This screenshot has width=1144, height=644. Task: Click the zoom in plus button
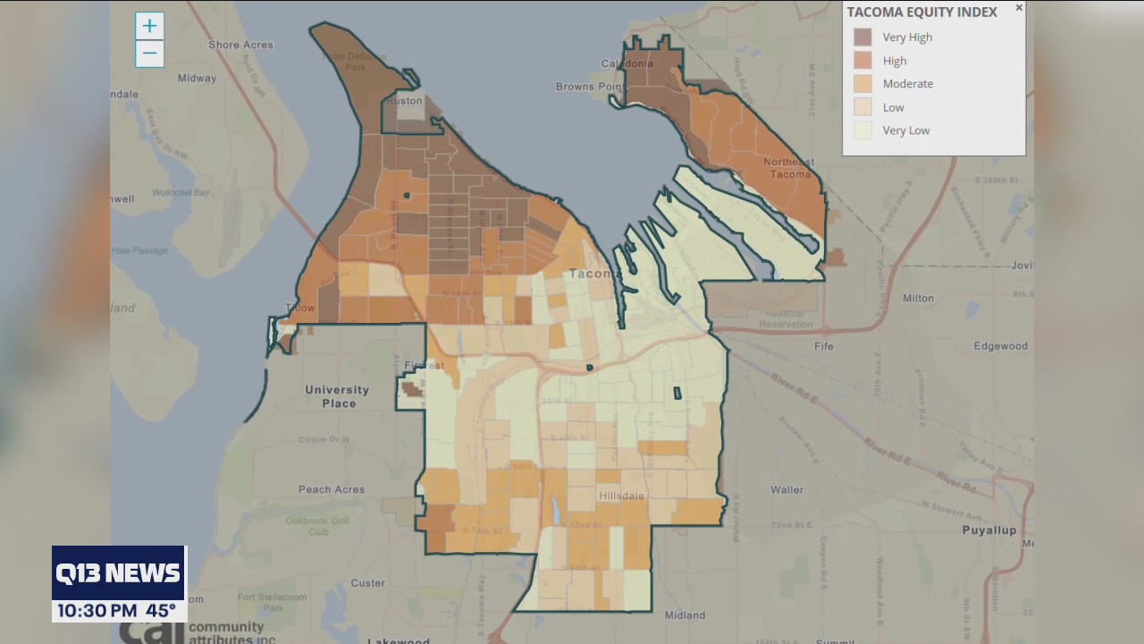[x=149, y=26]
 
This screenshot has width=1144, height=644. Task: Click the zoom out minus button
[x=149, y=54]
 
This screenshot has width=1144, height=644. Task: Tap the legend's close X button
[x=1019, y=8]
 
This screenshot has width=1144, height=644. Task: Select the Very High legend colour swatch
[x=862, y=38]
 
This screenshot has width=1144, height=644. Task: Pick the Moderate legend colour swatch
[x=862, y=84]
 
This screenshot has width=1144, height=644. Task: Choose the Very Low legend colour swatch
[x=862, y=131]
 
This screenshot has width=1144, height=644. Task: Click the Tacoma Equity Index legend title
[x=921, y=13]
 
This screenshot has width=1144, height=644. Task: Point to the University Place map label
[x=337, y=396]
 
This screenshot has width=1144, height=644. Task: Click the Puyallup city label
[x=989, y=530]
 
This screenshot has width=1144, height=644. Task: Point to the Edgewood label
[x=1000, y=346]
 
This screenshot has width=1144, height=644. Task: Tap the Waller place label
[x=786, y=490]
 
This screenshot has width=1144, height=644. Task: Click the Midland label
[x=686, y=615]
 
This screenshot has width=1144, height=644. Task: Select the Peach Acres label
[x=332, y=490]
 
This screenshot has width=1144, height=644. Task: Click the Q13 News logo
[x=119, y=573]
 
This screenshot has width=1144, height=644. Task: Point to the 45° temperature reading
[x=162, y=611]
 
